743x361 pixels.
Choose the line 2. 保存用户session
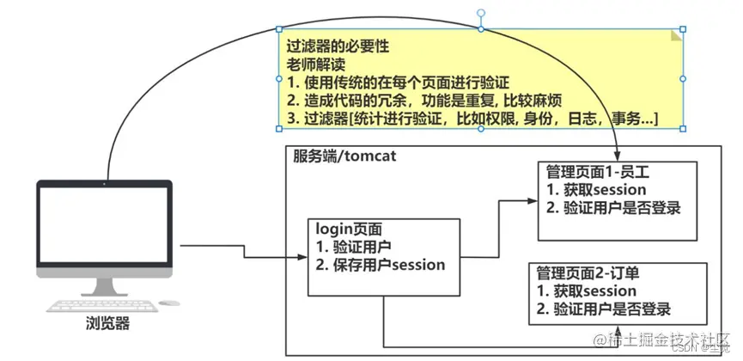tap(381, 265)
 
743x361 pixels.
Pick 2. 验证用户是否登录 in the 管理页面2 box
tap(604, 309)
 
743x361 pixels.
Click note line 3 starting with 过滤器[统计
tap(472, 119)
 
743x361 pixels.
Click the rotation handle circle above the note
tap(480, 15)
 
